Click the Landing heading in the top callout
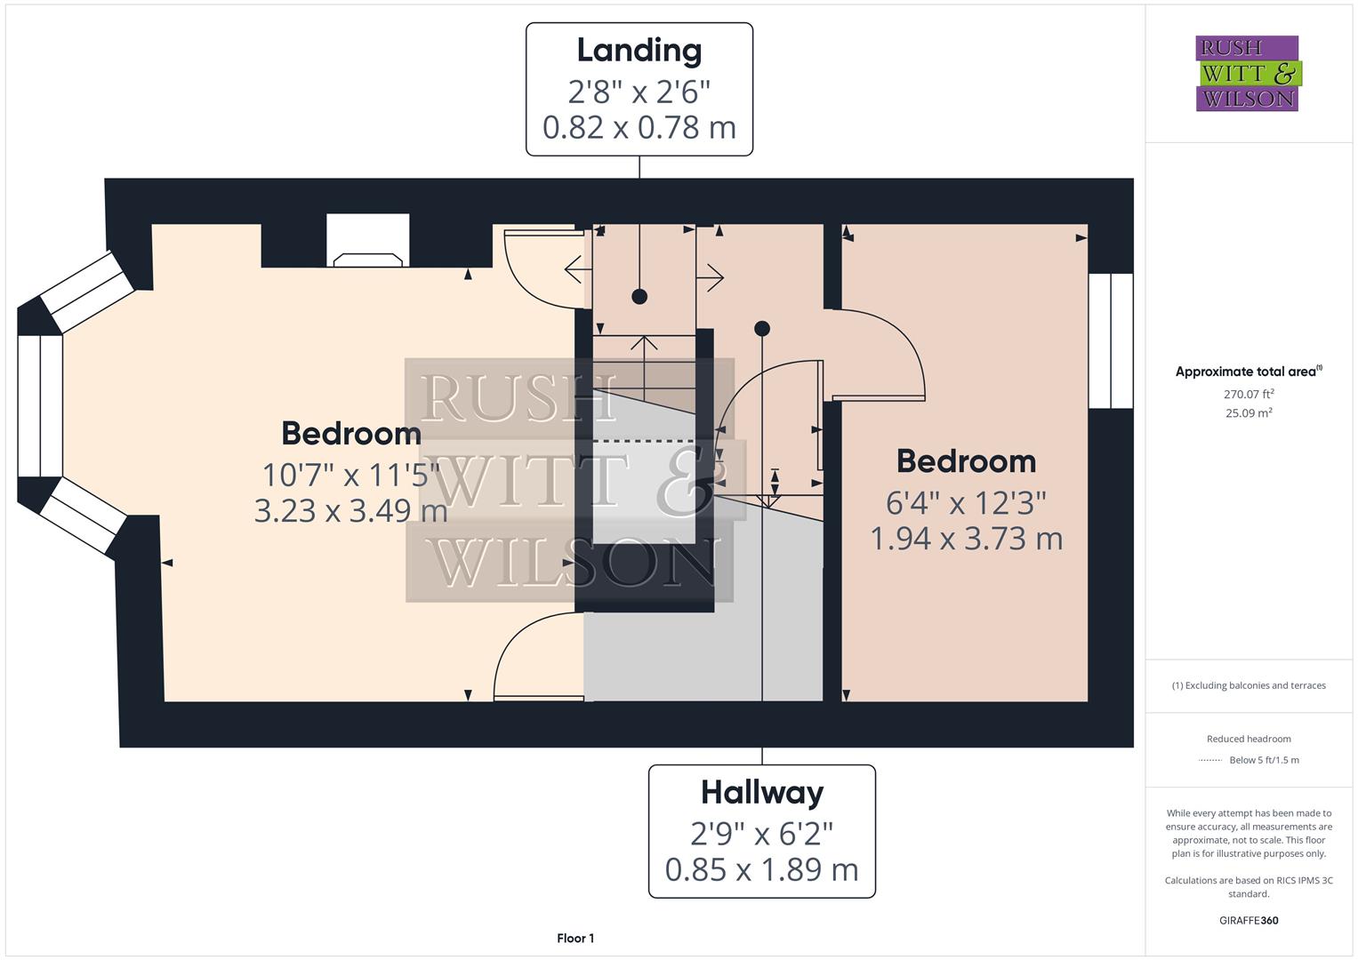point(639,51)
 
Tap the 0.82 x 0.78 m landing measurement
point(639,128)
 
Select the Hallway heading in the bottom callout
point(761,792)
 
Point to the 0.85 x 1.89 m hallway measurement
point(761,869)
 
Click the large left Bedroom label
point(351,434)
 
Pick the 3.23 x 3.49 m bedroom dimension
point(350,511)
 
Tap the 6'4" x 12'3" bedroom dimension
point(966,503)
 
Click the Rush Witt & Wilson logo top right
point(1247,74)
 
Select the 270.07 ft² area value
point(1249,394)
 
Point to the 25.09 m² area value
point(1249,413)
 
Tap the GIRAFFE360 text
point(1249,920)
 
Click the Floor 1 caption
point(575,938)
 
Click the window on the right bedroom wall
point(1111,340)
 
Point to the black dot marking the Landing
point(639,297)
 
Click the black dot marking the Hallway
point(761,329)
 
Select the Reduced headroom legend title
point(1249,739)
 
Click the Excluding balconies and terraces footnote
point(1249,685)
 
